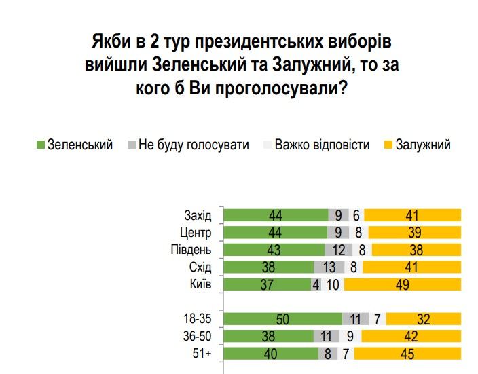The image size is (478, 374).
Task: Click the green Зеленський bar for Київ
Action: pos(267,285)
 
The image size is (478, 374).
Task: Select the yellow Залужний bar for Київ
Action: pos(403,285)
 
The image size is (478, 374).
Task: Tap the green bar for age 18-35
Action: pos(282,318)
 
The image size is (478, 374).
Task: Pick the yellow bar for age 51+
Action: pos(408,353)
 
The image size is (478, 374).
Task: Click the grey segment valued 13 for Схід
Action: pos(329,267)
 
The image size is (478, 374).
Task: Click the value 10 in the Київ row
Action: pos(333,285)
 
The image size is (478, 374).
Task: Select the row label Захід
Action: pos(198,216)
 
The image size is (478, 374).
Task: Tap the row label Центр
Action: pos(197,233)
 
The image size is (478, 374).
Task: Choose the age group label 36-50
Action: pos(196,336)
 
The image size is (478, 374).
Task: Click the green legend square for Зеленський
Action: pos(40,145)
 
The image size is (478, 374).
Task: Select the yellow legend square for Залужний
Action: pos(388,145)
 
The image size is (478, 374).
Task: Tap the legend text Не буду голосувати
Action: pos(194,145)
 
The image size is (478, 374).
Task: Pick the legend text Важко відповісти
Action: pos(322,145)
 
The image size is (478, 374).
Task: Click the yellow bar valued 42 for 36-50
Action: pos(411,336)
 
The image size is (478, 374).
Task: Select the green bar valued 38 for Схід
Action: pos(269,267)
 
